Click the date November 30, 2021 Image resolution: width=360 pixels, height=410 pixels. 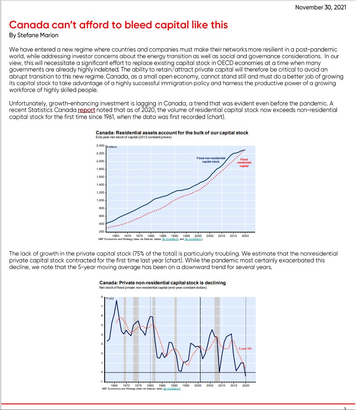[x=320, y=7]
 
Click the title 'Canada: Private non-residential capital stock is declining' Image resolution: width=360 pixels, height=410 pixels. [x=162, y=283]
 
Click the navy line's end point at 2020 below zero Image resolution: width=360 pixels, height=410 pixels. [x=246, y=376]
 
